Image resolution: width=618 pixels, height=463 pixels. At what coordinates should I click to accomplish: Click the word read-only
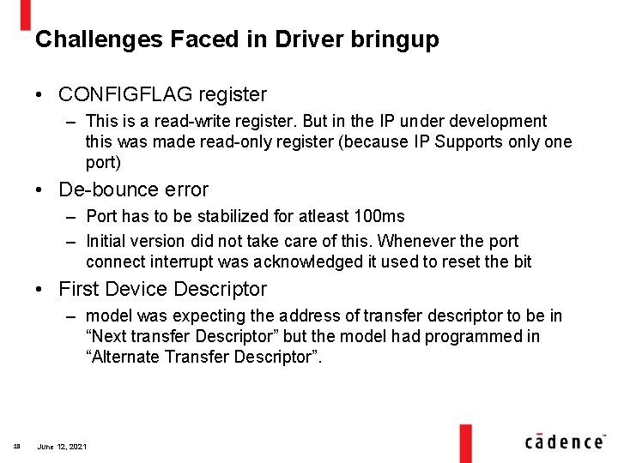coord(239,142)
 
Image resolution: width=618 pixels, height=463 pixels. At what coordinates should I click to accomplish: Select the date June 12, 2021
coord(62,447)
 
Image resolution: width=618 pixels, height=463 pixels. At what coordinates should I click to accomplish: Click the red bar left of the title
coord(26,15)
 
